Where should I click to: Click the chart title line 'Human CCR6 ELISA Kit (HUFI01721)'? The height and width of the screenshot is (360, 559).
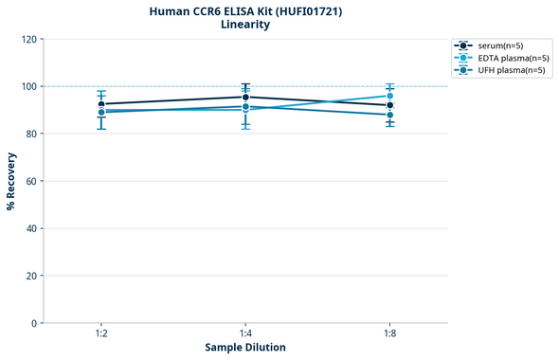(x=245, y=10)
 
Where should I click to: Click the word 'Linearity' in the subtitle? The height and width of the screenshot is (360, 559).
(x=245, y=25)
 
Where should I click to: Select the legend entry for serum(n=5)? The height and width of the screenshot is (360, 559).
(x=500, y=45)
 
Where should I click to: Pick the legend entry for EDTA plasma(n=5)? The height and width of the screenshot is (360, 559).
(x=507, y=58)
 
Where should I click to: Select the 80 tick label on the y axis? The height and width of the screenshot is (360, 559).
(x=31, y=134)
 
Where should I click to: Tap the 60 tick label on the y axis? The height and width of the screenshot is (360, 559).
(x=31, y=181)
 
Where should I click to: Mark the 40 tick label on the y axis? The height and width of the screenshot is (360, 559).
(x=31, y=228)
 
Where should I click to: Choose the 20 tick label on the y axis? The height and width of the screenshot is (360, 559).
(x=31, y=276)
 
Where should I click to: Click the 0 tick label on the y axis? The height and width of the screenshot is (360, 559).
(x=34, y=323)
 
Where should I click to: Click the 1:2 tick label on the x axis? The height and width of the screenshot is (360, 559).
(x=101, y=334)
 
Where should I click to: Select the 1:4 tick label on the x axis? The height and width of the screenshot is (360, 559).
(x=245, y=334)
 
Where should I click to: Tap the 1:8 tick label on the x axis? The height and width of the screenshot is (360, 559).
(x=389, y=334)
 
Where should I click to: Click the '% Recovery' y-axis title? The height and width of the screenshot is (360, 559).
(x=11, y=181)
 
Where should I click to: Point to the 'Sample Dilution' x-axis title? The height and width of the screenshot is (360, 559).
(x=245, y=348)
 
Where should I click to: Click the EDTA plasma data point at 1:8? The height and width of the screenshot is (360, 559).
(x=389, y=96)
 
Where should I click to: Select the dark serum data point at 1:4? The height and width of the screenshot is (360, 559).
(x=245, y=97)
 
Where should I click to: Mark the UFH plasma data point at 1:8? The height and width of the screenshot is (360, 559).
(x=389, y=115)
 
